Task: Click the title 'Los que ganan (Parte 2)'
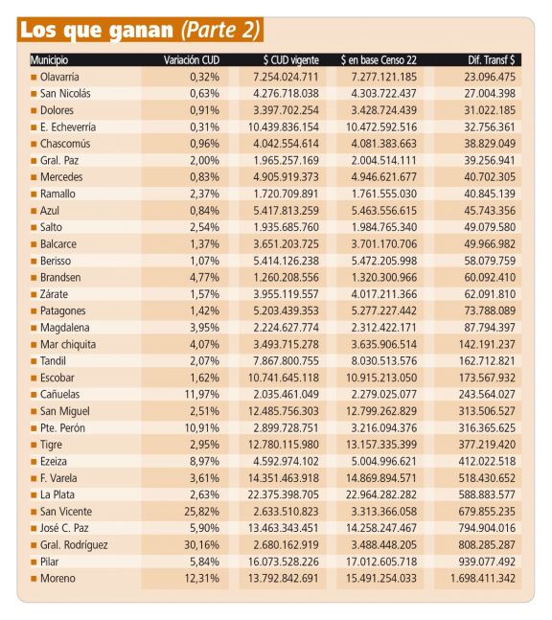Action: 140,30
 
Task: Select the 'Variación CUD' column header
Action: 192,60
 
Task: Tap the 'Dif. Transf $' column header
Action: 492,60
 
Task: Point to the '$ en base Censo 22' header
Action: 379,60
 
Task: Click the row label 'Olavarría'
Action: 59,77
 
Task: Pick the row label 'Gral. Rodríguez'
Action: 74,545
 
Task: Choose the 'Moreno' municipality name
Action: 57,578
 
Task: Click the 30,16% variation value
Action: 201,545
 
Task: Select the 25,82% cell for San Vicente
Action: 201,512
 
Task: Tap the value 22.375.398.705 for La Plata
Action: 283,494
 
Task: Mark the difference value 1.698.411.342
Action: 483,578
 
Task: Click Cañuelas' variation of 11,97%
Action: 201,394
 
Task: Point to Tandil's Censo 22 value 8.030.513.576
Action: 384,361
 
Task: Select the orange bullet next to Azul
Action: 34,211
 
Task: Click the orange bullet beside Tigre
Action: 34,445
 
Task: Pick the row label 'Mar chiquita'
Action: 68,344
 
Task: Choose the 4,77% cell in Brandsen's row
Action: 204,278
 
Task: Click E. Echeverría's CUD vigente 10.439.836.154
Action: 283,126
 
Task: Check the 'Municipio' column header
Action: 49,60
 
